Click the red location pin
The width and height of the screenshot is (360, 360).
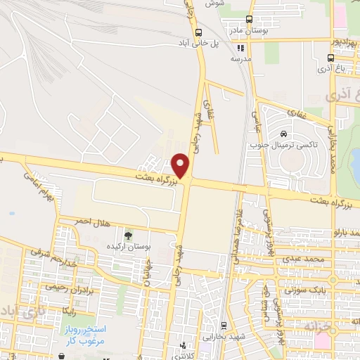[181, 165]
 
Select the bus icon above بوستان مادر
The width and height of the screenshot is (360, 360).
[248, 20]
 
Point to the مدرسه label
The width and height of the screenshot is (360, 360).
[241, 60]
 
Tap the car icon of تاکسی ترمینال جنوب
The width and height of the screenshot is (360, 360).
[283, 134]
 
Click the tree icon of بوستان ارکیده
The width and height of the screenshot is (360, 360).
[127, 235]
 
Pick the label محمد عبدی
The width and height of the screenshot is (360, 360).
[303, 259]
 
